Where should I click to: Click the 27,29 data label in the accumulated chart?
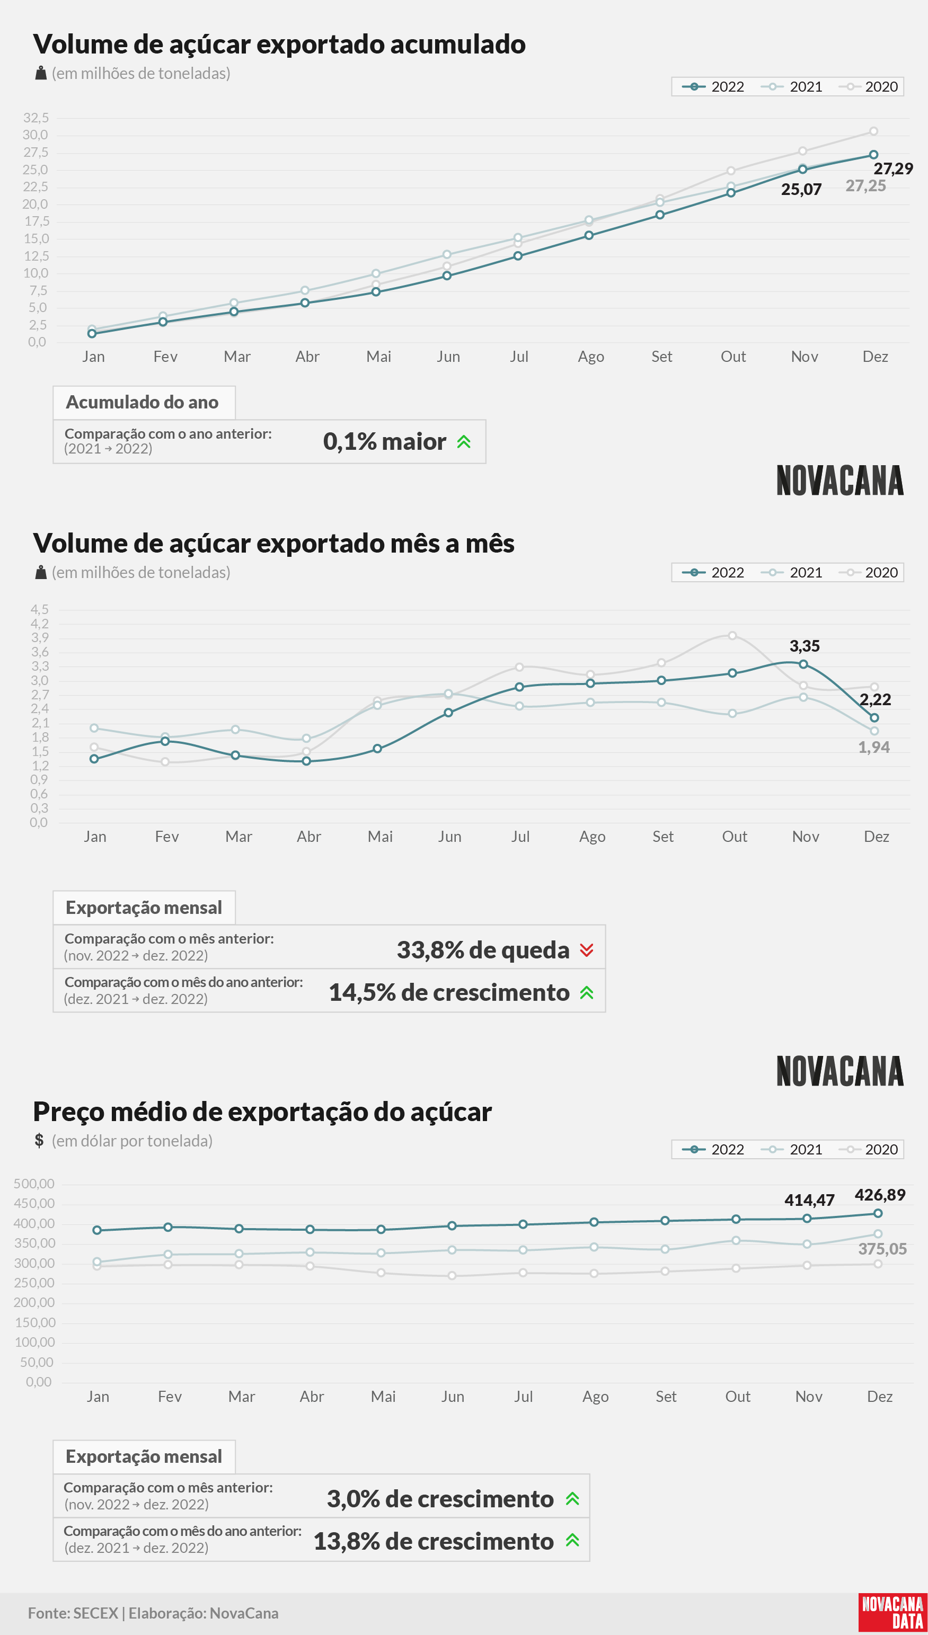[893, 169]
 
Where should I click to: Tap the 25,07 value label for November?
[801, 189]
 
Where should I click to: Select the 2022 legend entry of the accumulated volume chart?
[713, 87]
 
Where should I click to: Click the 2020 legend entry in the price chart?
[869, 1150]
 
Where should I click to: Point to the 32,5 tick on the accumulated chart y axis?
[36, 117]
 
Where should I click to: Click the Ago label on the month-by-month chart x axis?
[592, 837]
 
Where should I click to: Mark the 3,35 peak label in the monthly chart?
[805, 646]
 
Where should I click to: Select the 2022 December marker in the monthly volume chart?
[874, 718]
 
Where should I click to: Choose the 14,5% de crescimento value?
[449, 992]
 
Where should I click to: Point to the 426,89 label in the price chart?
[880, 1195]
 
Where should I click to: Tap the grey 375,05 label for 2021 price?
[882, 1249]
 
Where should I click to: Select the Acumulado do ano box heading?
[142, 402]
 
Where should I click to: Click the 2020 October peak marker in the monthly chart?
[732, 636]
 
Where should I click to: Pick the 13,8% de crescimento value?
[434, 1541]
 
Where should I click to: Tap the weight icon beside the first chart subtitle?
[41, 73]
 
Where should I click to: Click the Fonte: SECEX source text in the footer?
[73, 1613]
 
